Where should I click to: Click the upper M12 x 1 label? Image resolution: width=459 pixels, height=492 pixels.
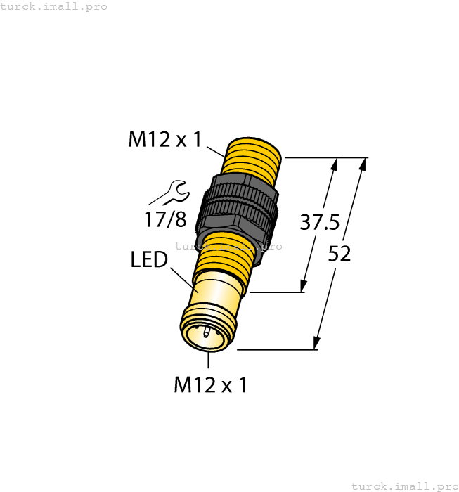164,140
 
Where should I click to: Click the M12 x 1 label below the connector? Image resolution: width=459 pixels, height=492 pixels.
210,385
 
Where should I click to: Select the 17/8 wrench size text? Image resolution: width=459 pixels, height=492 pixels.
165,219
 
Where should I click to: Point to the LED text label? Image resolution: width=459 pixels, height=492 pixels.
149,260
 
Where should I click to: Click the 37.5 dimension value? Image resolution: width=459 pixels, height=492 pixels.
320,223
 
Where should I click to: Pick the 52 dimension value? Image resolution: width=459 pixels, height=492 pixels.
340,254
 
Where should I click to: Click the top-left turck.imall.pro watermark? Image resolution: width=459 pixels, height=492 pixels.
54,6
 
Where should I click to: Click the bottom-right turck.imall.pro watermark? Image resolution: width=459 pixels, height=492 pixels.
404,486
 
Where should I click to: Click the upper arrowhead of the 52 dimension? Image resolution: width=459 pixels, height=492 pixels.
363,164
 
